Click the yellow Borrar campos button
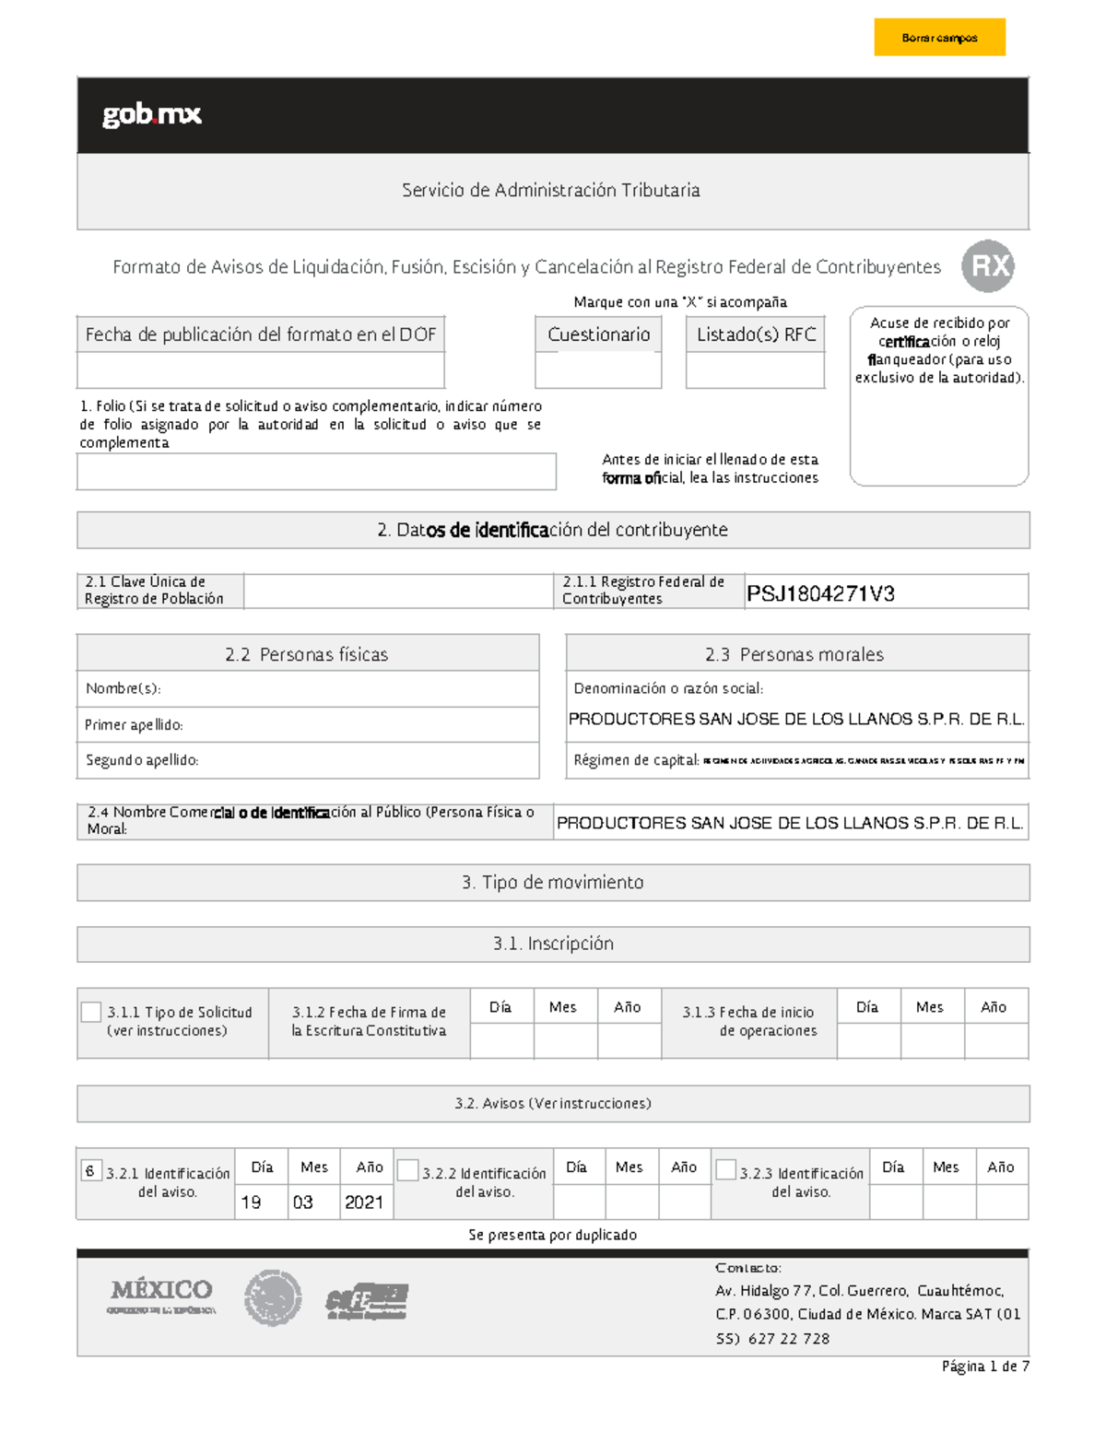pos(939,38)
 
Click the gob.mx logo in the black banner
pos(152,114)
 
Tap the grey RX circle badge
pos(988,266)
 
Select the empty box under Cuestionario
pos(598,369)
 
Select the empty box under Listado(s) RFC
pos(755,369)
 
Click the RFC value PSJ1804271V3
pos(820,593)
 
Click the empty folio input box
pos(316,471)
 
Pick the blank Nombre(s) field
pos(350,689)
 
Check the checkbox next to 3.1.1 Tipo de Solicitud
pos(91,1012)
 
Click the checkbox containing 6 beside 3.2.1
pos(90,1171)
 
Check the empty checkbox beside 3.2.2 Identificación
pos(408,1170)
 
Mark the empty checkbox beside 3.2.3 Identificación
pos(725,1169)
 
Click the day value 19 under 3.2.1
pos(252,1202)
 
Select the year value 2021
pos(364,1202)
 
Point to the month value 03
pos(303,1202)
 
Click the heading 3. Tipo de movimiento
pos(553,883)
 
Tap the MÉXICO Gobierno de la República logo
pos(162,1296)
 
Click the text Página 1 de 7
pos(984,1366)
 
